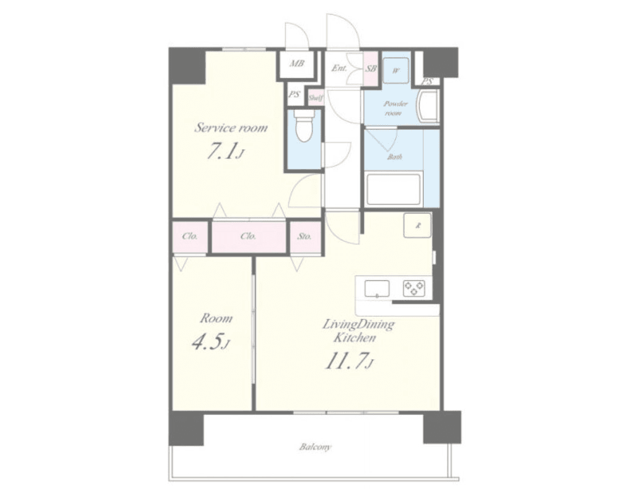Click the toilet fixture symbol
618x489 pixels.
click(x=304, y=125)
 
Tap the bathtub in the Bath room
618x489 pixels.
click(x=393, y=189)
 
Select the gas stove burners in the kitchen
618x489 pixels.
click(x=414, y=288)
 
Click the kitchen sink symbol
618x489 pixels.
click(x=377, y=288)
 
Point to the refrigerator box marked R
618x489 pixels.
click(x=418, y=226)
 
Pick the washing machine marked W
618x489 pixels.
click(x=396, y=70)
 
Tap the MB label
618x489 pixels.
click(x=297, y=63)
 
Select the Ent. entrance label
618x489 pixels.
click(x=339, y=68)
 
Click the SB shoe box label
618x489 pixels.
click(x=371, y=69)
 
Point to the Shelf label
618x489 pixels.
click(x=316, y=98)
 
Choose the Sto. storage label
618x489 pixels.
click(x=304, y=236)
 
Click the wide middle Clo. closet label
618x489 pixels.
click(x=248, y=236)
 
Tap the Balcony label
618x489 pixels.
click(x=315, y=447)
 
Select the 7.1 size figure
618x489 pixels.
click(x=223, y=151)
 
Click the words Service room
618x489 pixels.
click(x=231, y=127)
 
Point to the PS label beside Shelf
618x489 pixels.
click(x=294, y=95)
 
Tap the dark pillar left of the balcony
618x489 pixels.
click(x=186, y=428)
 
